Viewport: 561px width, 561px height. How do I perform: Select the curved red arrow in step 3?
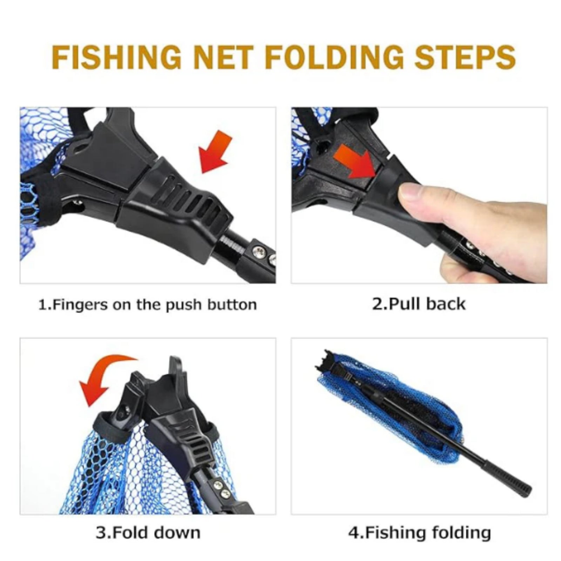pos(105,379)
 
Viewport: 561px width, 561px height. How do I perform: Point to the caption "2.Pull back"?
pos(419,304)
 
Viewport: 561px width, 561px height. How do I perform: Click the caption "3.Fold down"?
pos(148,533)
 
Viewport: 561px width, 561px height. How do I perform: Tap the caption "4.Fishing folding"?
pos(419,533)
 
